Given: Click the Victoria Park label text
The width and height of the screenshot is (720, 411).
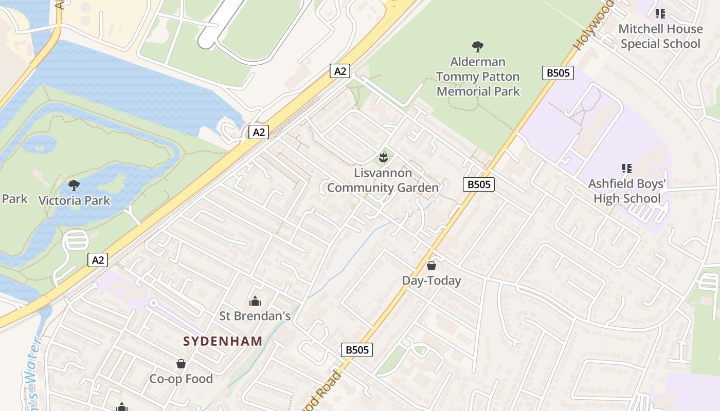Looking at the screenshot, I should point(74,200).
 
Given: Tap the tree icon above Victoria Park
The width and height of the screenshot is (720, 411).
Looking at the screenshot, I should point(74,185).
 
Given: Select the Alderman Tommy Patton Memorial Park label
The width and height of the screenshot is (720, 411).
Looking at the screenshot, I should point(478,77).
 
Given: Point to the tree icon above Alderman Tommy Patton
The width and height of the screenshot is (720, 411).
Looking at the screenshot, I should point(478,47).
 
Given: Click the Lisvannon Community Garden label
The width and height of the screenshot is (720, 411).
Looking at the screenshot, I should point(383,180).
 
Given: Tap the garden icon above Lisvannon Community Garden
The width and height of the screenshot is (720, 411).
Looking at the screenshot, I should point(383,157).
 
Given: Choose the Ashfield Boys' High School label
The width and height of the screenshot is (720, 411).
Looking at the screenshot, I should point(627,191).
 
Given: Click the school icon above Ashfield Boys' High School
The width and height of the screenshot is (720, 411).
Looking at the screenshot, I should point(627,168).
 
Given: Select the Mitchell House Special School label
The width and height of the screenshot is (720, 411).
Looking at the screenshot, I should point(660,36).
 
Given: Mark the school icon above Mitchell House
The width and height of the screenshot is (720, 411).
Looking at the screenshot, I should point(660,14).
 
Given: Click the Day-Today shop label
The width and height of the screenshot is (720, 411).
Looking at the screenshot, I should point(431,281).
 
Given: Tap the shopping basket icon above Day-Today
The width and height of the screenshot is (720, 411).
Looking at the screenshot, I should point(431,266).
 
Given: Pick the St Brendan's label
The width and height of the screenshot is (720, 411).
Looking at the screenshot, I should point(255,315).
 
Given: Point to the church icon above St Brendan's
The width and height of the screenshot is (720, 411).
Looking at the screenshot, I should point(255,301).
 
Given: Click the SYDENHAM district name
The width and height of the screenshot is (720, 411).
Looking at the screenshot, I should point(223,341).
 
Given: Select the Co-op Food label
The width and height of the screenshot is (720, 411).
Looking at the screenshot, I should point(181,379).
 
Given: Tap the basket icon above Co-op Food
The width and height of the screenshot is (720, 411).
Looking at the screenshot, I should point(181,364).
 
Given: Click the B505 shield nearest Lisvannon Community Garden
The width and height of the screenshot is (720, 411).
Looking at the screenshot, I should point(478,184).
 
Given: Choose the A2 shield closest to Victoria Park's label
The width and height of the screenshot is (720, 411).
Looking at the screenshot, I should point(98,260).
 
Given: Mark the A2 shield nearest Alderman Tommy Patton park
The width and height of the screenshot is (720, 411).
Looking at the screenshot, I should point(340,71).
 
